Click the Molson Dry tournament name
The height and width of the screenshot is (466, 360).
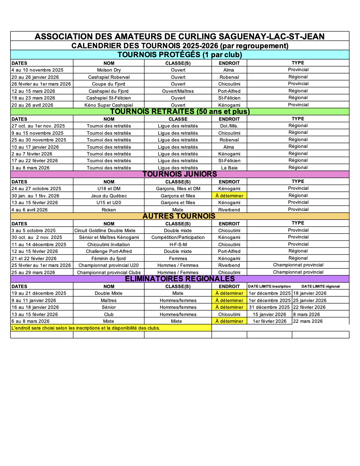tap(109, 70)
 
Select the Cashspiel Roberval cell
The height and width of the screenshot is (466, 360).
tap(109, 77)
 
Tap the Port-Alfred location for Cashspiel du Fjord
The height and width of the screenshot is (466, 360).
tap(229, 91)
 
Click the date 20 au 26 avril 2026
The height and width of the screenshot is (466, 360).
tap(33, 105)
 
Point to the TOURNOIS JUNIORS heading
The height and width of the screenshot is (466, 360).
tap(180, 174)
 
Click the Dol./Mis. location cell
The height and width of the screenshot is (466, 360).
tap(229, 126)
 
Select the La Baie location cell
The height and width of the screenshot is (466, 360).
tap(229, 168)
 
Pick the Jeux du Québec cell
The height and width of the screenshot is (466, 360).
tap(109, 196)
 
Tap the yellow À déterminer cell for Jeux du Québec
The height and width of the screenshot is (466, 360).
tap(229, 196)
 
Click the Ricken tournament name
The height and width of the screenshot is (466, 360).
tap(109, 210)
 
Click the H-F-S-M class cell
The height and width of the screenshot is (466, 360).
tap(178, 244)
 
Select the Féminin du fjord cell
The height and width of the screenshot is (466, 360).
tap(109, 258)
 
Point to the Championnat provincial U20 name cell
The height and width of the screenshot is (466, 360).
tap(109, 265)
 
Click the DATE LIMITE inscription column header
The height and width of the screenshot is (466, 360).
tap(269, 286)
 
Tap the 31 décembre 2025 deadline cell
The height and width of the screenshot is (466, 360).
tap(269, 307)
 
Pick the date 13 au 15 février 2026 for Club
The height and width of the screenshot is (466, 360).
tap(35, 314)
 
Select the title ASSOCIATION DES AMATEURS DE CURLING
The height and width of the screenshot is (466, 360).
tap(180, 36)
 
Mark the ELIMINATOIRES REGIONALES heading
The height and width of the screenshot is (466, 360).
tap(180, 279)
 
